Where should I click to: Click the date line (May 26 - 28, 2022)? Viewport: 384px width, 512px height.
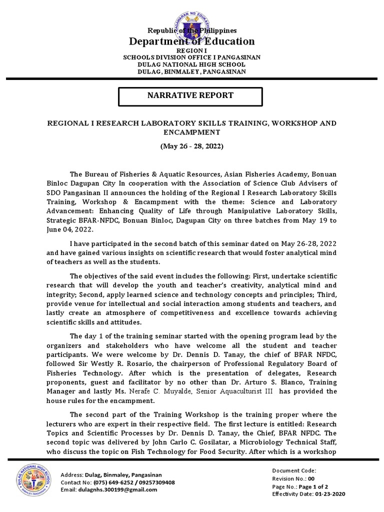pos(191,146)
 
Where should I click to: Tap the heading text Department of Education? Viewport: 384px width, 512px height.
pos(192,41)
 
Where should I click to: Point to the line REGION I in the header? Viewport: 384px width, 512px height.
pos(191,51)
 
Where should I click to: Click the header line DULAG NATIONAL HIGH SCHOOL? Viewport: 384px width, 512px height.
pos(191,64)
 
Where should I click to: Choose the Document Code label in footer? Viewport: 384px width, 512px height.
pos(294,470)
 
